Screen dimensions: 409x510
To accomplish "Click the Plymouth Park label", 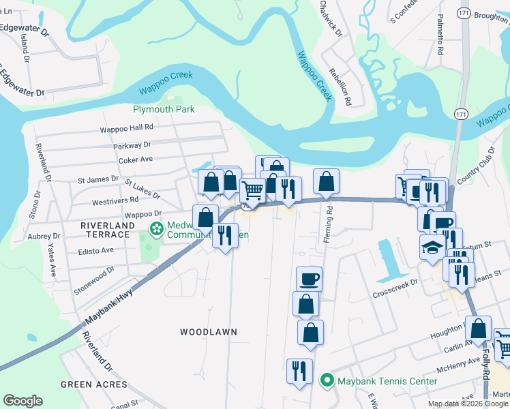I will tap(163, 109).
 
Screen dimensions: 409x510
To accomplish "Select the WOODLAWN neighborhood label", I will tap(209, 332).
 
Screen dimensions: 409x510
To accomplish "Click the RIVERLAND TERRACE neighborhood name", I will tap(105, 230).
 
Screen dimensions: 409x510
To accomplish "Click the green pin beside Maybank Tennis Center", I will tap(327, 381).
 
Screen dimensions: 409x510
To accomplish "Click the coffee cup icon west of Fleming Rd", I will tap(310, 278).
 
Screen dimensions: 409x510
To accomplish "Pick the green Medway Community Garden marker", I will tap(156, 229).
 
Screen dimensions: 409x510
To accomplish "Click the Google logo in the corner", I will tap(22, 401).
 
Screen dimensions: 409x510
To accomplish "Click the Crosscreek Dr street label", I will tap(395, 288).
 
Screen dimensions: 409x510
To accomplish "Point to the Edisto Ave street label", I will tap(98, 250).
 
